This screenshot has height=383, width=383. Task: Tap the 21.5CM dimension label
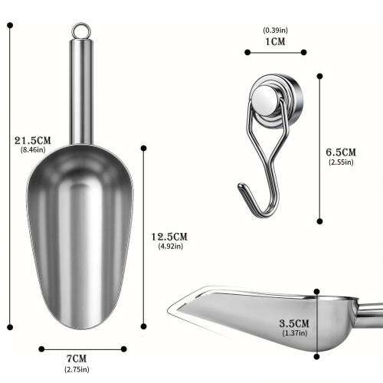click(33, 140)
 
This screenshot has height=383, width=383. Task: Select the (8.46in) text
click(33, 149)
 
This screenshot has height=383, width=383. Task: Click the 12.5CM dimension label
click(169, 237)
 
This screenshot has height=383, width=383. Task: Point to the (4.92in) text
click(171, 246)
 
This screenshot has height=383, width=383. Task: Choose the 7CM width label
click(77, 358)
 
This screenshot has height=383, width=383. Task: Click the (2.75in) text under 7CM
click(77, 369)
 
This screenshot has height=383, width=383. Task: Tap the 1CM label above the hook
click(275, 41)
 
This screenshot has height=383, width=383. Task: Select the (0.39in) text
click(275, 31)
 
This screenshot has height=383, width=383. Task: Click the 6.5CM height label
click(341, 152)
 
